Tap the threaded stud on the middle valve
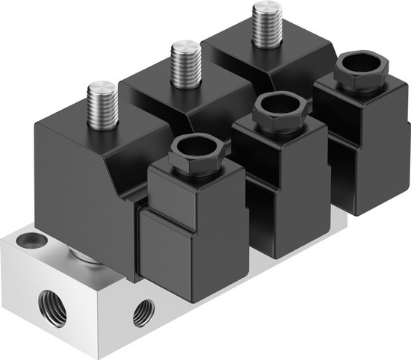coord(183,63)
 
